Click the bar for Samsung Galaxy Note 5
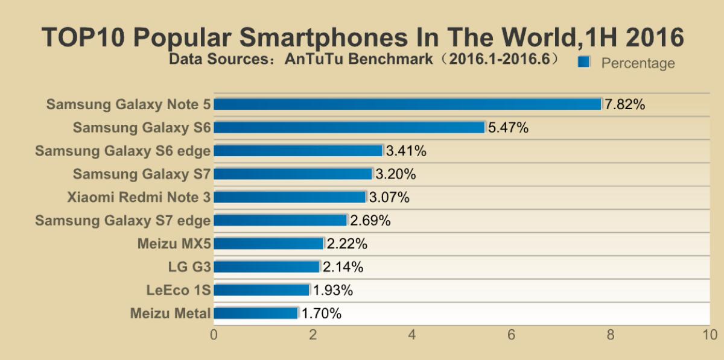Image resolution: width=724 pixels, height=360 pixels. click(x=407, y=104)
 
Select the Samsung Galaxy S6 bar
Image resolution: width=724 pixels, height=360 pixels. click(x=349, y=127)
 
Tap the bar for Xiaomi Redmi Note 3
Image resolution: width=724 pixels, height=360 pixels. click(x=290, y=197)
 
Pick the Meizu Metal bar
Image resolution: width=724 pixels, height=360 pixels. click(x=256, y=313)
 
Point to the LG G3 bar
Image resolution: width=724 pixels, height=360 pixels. click(x=267, y=267)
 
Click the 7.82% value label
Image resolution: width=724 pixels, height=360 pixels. click(x=625, y=104)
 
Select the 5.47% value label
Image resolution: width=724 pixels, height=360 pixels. click(x=508, y=127)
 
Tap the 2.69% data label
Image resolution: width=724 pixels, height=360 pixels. click(x=370, y=221)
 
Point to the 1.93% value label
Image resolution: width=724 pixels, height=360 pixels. click(x=332, y=290)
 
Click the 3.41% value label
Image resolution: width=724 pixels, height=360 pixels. click(x=406, y=151)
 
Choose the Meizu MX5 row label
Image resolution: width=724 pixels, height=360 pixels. click(x=174, y=244)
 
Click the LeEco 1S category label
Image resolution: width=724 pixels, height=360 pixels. click(x=179, y=290)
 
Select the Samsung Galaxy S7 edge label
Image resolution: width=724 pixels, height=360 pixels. click(x=122, y=221)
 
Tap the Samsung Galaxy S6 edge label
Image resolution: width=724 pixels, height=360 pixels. click(x=122, y=151)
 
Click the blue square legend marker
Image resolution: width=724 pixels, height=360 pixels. click(x=583, y=62)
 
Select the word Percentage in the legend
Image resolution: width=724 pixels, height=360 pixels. click(x=638, y=63)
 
